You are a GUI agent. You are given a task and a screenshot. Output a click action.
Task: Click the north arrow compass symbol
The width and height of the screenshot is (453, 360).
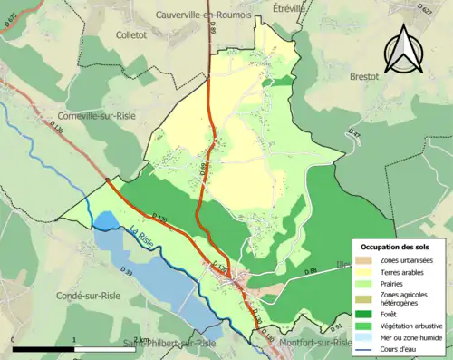[x=403, y=47]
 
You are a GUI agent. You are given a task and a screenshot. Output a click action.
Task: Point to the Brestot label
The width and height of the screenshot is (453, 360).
[x=369, y=77]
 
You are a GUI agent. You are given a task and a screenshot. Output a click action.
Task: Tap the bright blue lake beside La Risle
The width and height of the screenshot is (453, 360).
[x=105, y=221]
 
